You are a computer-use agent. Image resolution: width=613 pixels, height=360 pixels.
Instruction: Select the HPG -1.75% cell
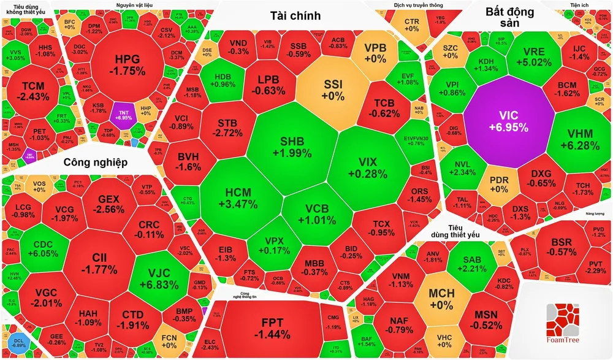point(128,64)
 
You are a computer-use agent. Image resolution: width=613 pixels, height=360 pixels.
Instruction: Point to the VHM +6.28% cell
point(576,139)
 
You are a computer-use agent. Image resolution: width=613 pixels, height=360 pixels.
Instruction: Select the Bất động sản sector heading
point(509,17)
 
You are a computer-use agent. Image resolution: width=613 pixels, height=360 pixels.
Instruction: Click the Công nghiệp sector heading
point(95,162)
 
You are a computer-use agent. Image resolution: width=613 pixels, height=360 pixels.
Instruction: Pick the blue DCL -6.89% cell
point(18,343)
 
